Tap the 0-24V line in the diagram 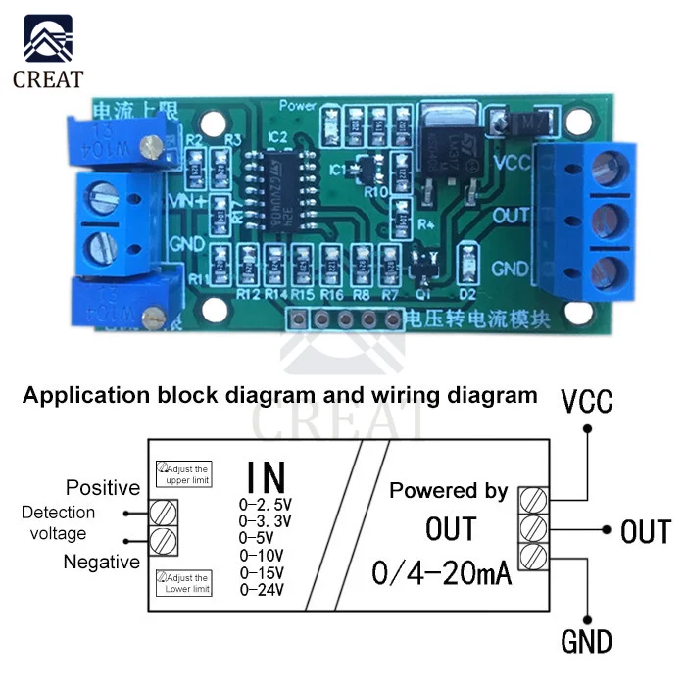tap(262, 590)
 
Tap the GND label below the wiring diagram tap(586, 642)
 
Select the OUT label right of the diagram tap(645, 532)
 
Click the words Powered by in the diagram tap(449, 491)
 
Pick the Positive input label tap(103, 488)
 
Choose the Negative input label tap(101, 562)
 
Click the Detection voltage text tap(59, 523)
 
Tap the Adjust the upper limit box tap(184, 475)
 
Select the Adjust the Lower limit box tap(184, 584)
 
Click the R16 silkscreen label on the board tap(332, 293)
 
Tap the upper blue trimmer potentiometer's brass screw tap(150, 146)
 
